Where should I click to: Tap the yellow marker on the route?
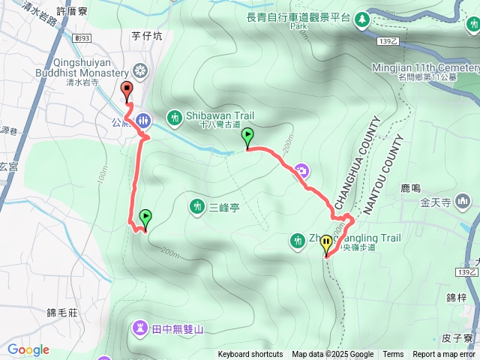pos(326,243)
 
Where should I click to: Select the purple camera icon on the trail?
pos(301,170)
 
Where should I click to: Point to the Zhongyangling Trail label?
pos(352,238)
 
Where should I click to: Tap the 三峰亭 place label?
pos(223,207)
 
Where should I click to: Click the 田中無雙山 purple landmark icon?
pos(140,327)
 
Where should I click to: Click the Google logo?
pos(28,349)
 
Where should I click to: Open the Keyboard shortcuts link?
pos(250,355)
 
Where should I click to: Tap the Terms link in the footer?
pos(393,355)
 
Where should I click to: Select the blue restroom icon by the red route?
pos(144,120)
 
